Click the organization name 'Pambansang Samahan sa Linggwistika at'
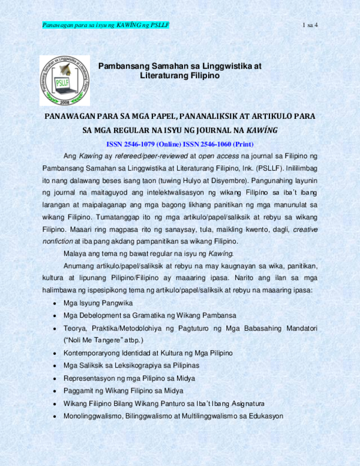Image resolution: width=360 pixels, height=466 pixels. click(x=179, y=66)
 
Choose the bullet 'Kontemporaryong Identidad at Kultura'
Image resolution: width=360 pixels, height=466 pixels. click(x=148, y=353)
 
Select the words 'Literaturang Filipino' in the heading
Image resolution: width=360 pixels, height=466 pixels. click(x=179, y=77)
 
